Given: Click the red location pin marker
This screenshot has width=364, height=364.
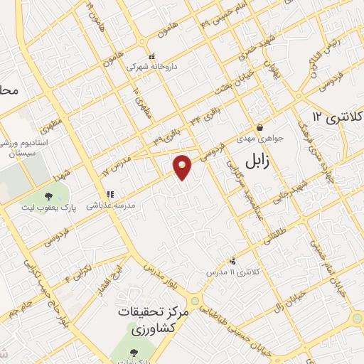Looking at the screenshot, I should (x=183, y=166).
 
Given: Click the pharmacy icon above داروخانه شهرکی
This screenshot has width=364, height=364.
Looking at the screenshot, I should (x=151, y=56).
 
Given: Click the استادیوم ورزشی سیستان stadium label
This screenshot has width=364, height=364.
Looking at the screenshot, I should (x=23, y=146).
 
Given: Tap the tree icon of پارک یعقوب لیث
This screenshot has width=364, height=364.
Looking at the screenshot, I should (x=48, y=196).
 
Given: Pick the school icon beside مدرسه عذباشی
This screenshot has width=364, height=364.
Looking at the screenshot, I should (x=110, y=194).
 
